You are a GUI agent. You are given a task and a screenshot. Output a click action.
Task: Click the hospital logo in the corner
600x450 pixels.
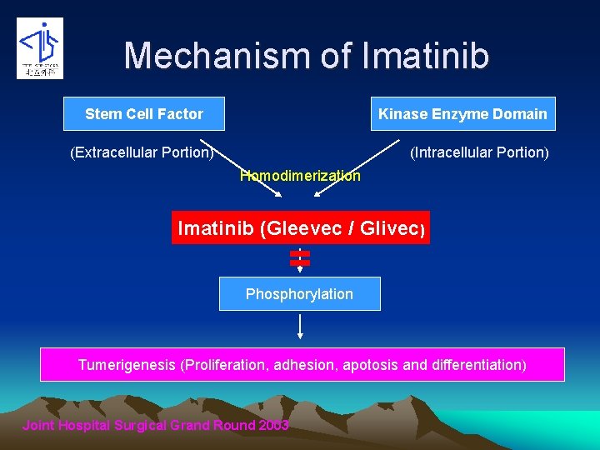(40, 48)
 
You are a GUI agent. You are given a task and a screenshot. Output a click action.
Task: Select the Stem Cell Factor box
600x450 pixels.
(144, 114)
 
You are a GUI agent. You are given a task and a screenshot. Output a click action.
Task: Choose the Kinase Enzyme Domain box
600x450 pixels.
(462, 114)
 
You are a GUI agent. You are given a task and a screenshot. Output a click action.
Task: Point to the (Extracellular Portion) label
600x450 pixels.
(142, 152)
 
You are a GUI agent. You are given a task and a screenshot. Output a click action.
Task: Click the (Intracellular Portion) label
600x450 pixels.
(479, 152)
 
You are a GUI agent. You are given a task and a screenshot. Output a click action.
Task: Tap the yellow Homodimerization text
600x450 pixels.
(300, 176)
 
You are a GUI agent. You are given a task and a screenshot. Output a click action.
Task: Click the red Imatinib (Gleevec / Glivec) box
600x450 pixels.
(300, 227)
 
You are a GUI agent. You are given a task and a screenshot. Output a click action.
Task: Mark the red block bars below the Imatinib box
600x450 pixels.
(300, 257)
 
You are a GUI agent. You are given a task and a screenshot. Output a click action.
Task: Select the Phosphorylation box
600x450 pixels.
(300, 294)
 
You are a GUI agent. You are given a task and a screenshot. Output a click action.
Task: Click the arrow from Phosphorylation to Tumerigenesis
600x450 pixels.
(300, 327)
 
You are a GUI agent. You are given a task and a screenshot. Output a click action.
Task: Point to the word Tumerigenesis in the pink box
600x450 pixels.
(127, 365)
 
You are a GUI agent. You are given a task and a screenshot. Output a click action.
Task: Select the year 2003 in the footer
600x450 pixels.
(272, 426)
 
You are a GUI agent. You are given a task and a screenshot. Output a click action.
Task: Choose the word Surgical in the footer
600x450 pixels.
(138, 426)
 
